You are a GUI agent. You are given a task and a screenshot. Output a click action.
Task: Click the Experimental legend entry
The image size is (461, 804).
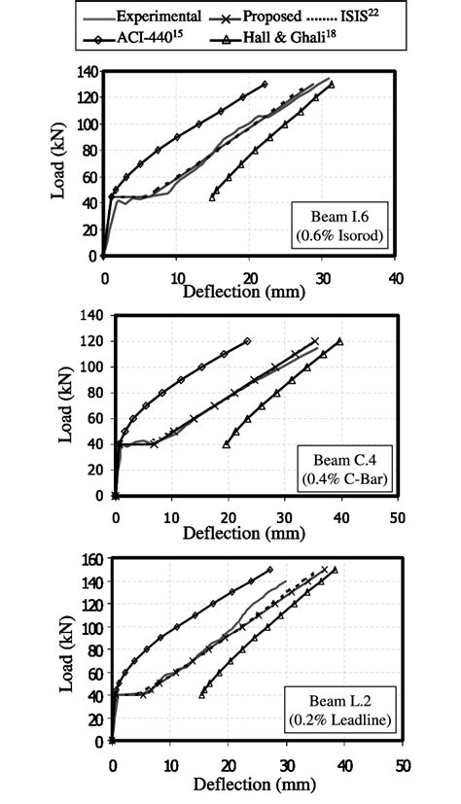coord(157,16)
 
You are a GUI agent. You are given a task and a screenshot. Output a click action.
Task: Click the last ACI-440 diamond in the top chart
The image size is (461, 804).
coord(264,85)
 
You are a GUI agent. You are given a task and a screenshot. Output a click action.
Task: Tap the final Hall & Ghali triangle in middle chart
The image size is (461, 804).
coord(340,341)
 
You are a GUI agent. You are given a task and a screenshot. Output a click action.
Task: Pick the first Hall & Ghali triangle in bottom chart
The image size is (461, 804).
coord(202,693)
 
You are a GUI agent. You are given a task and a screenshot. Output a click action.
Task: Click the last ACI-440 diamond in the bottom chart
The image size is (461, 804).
coord(270,570)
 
